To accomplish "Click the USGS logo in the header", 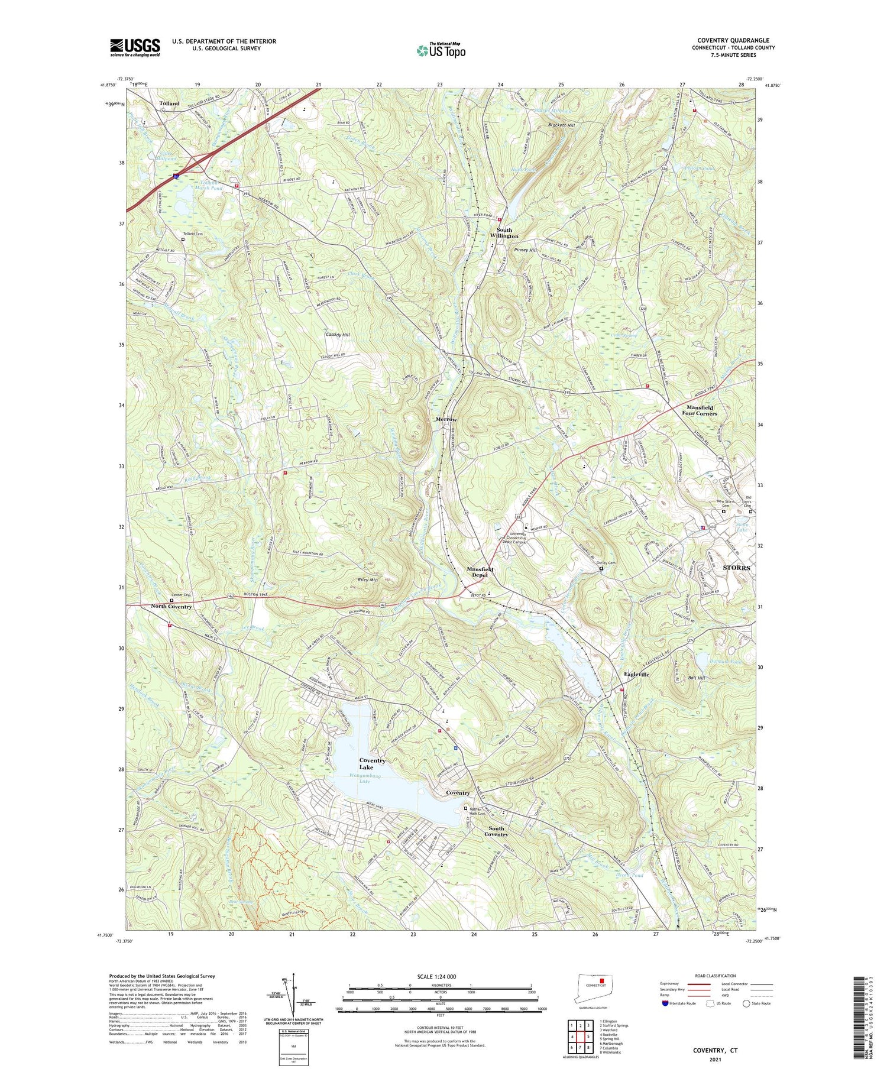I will click(135, 47).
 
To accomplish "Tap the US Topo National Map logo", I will click(441, 51).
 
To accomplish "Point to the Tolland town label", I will click(169, 103).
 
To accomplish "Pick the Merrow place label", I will click(446, 419).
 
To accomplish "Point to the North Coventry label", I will click(171, 607).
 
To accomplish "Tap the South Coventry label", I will click(496, 831).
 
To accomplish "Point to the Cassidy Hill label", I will click(338, 335).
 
